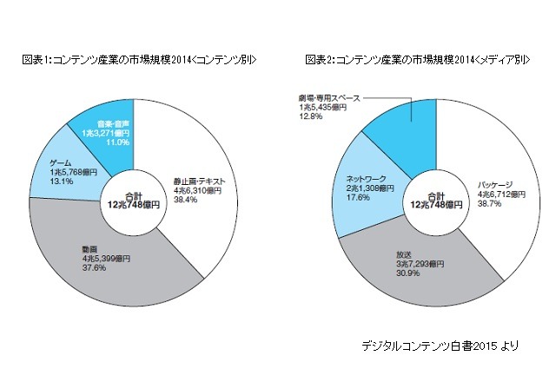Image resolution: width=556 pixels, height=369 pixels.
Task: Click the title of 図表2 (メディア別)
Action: pos(418,59)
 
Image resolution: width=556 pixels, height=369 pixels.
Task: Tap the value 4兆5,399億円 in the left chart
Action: pos(100,258)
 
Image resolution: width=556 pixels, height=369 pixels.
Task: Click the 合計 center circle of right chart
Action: pos(431,202)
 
